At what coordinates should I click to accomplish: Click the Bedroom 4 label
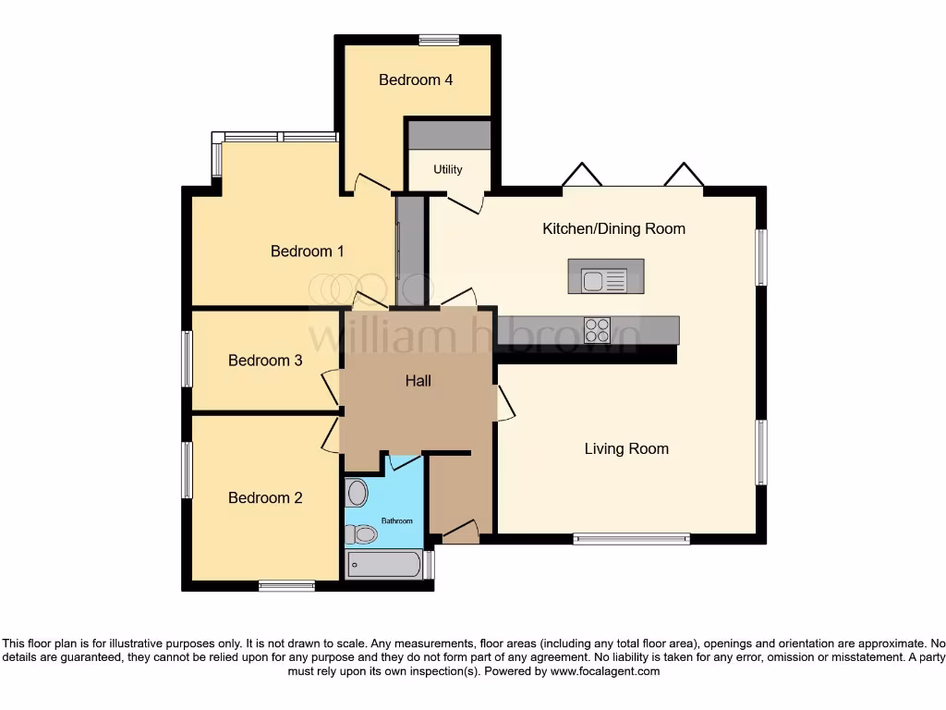416,80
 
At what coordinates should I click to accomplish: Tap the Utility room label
448,170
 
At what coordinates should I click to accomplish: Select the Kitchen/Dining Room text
613,228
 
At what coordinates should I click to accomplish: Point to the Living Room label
626,448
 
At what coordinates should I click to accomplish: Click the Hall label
418,380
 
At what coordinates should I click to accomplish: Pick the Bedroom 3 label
265,361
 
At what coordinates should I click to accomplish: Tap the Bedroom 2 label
265,497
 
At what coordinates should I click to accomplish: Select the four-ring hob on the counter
597,330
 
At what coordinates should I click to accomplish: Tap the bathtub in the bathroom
384,564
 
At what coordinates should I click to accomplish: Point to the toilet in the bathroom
362,534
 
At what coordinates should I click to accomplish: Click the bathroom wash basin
358,491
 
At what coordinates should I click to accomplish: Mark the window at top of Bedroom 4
439,40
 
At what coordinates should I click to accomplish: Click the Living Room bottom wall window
631,539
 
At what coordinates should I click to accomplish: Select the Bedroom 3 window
187,359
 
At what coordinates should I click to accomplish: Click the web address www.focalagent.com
605,671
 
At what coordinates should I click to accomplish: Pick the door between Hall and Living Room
504,404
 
